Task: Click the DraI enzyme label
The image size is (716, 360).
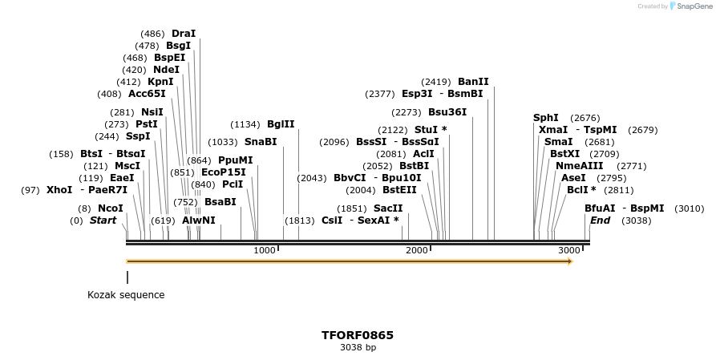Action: coord(184,34)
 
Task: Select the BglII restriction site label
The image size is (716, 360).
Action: coord(281,124)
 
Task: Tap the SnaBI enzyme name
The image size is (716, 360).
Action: coord(261,142)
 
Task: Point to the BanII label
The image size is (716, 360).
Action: coord(473,82)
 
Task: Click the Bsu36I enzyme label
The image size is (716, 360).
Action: coord(447,112)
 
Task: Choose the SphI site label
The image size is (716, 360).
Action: coord(546,118)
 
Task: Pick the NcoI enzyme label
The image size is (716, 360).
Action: coord(111,208)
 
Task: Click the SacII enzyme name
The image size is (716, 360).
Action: coord(388,208)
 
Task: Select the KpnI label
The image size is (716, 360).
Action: coord(160,82)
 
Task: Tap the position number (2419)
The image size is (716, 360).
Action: coord(437,82)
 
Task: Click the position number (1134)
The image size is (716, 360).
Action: coord(245,124)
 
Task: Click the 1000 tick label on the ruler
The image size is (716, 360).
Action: coord(265,251)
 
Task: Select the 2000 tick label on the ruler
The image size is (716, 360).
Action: coord(417,251)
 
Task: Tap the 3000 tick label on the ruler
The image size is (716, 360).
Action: coord(568,251)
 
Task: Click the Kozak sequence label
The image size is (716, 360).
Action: coord(126,295)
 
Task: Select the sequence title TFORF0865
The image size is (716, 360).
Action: coord(358,335)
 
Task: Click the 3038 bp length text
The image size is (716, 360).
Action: coord(358,348)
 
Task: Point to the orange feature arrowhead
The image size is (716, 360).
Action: coord(570,261)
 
